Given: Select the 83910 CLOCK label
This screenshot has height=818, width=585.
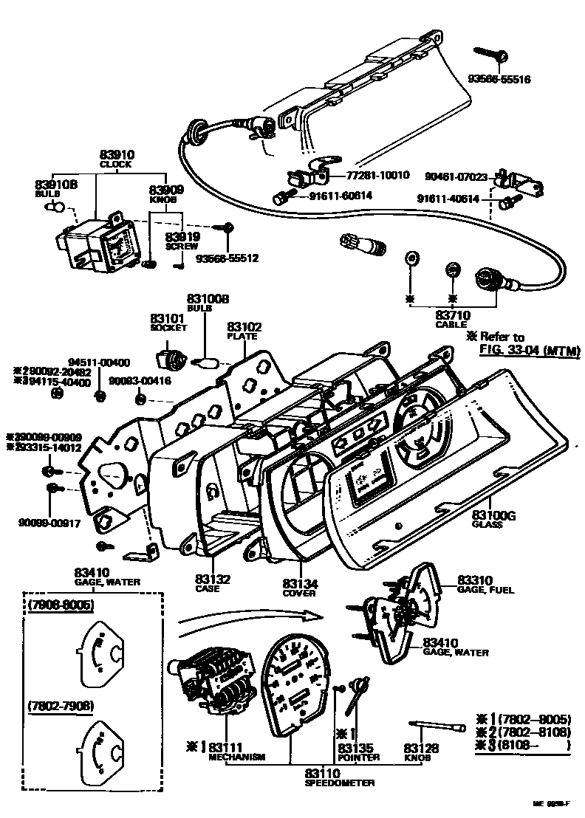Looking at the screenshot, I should [116, 159].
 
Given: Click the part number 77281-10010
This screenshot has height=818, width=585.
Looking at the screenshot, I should [378, 176].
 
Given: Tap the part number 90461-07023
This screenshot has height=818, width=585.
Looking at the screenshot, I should [456, 176].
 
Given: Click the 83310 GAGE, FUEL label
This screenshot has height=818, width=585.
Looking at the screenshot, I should [485, 584].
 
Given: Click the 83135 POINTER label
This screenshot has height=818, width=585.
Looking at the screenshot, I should [359, 752].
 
